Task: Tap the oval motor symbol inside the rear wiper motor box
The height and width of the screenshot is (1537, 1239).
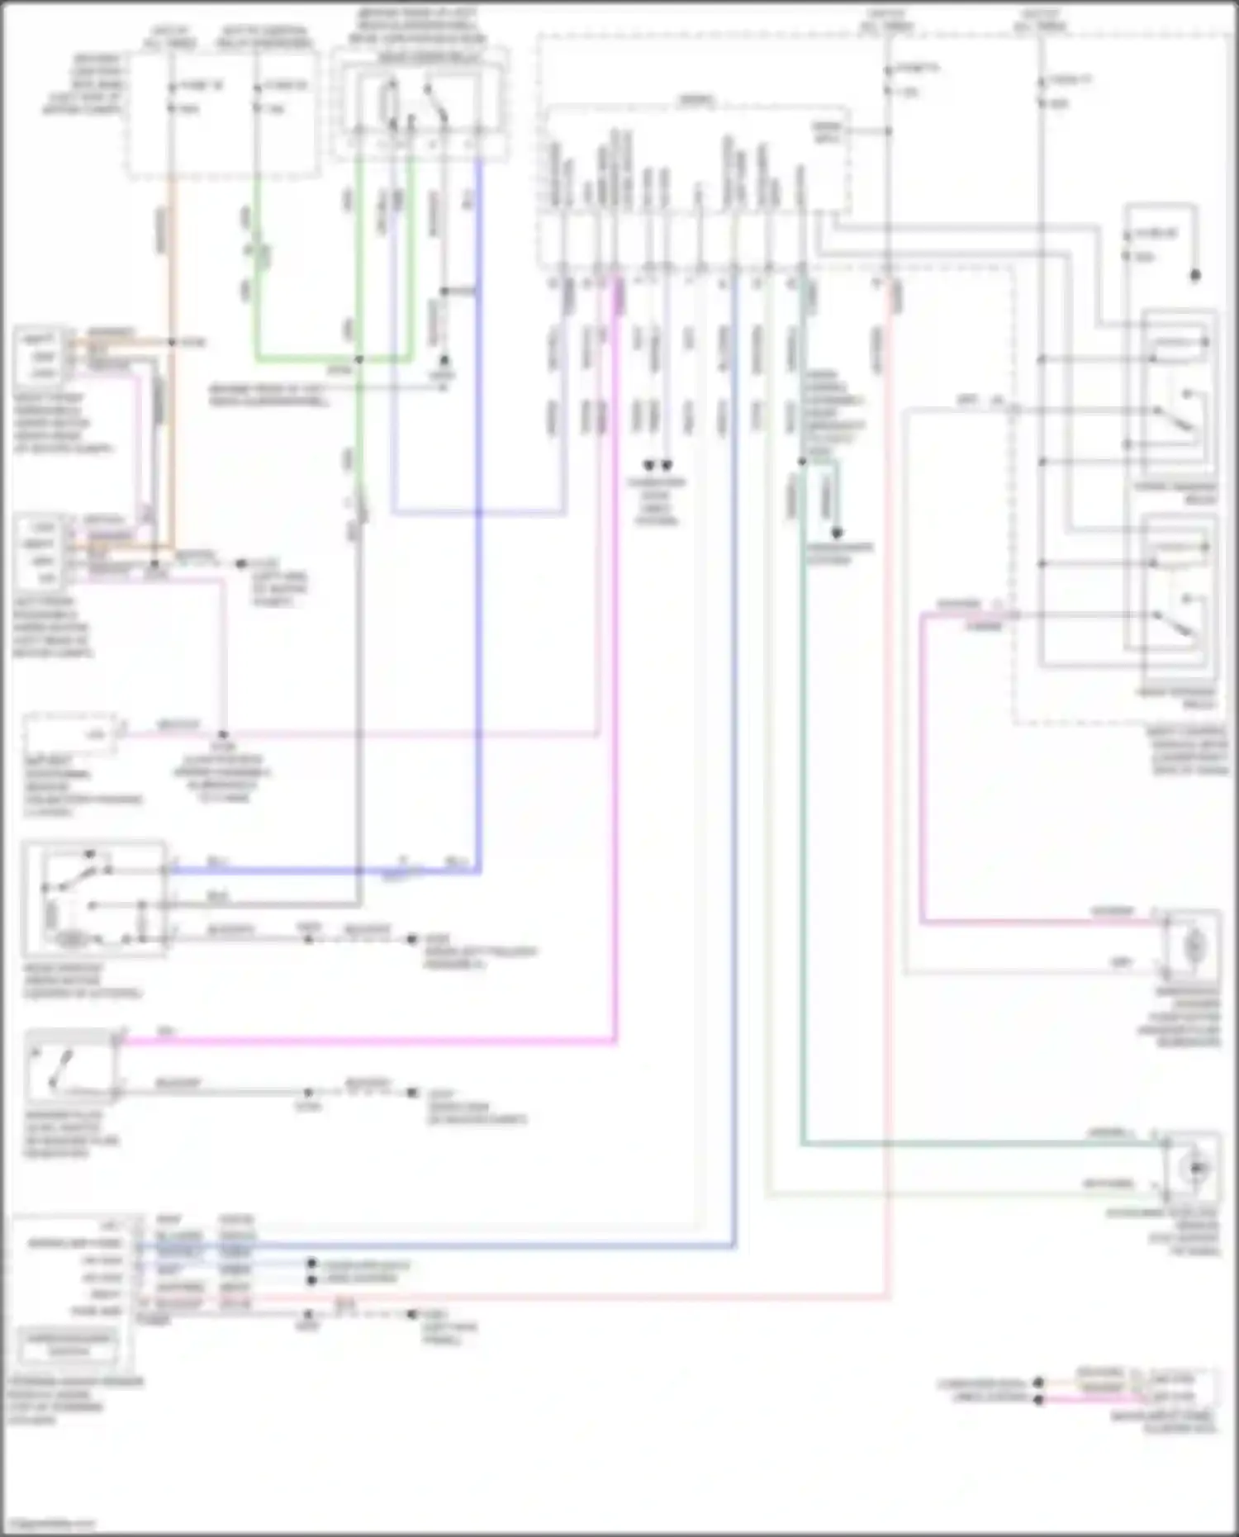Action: click(x=73, y=939)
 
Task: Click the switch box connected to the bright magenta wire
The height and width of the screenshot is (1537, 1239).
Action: click(x=69, y=1066)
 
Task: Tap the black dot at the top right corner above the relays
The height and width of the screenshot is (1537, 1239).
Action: click(x=1194, y=275)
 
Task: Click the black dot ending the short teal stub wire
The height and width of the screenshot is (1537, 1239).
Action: click(x=836, y=534)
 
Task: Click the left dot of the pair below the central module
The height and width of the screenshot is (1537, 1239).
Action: click(x=648, y=465)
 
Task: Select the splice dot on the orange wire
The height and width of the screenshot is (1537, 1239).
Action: click(x=171, y=342)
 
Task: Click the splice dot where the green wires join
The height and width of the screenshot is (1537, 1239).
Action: click(x=358, y=359)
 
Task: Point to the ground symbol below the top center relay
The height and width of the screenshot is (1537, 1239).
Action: click(x=444, y=362)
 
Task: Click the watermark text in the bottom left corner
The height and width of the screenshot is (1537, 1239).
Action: click(x=50, y=1522)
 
